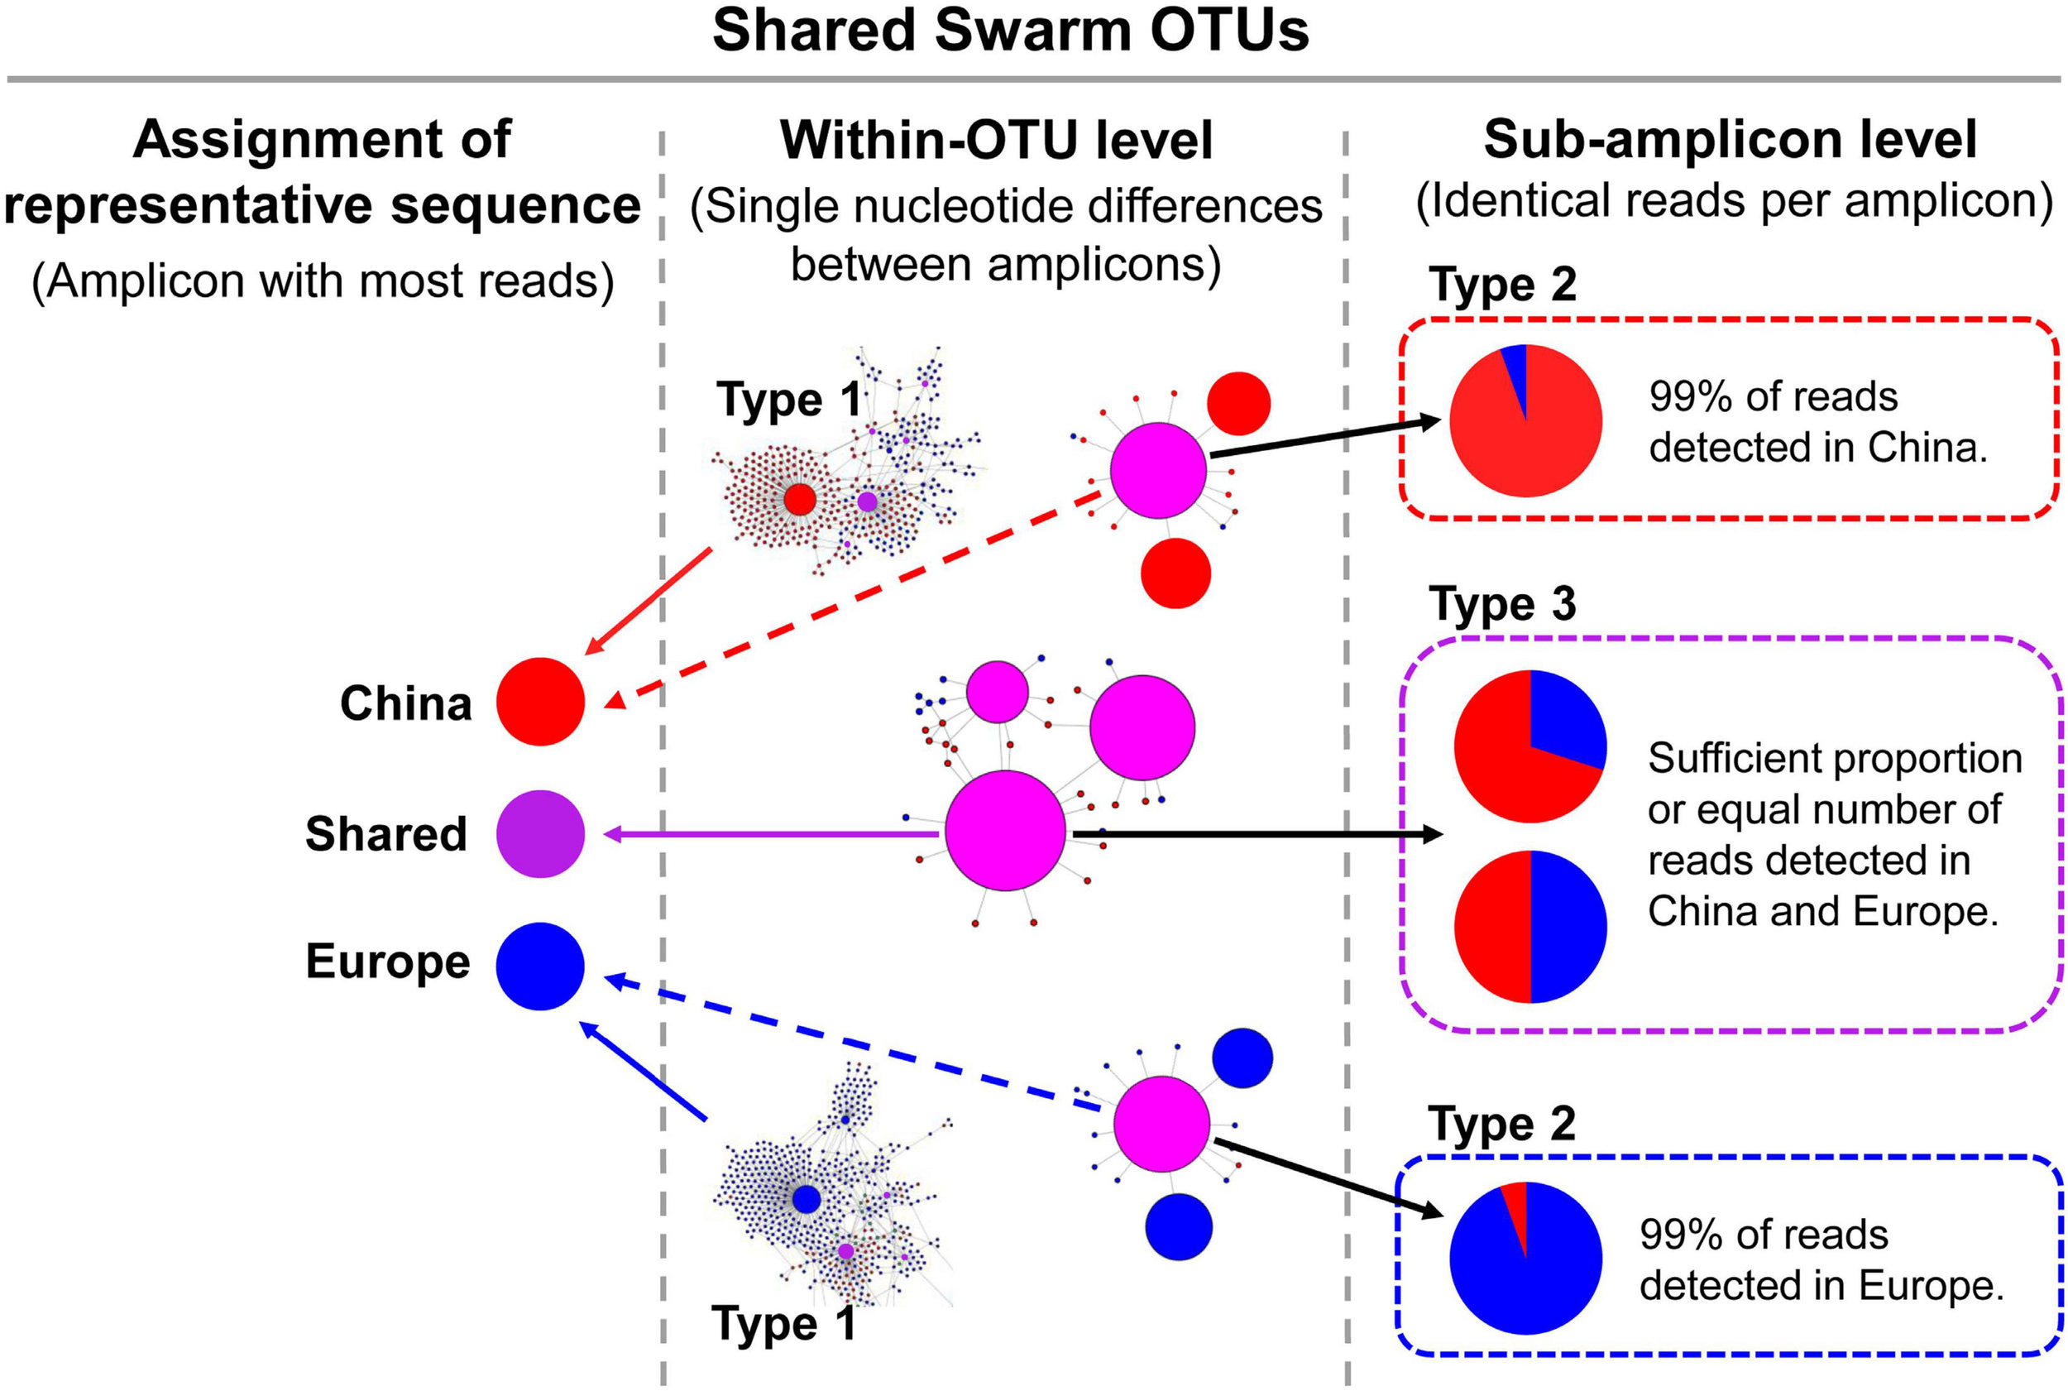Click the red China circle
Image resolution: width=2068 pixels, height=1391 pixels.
click(x=540, y=702)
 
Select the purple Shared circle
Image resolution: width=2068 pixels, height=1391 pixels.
click(x=540, y=834)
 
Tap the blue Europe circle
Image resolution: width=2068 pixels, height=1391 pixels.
click(x=540, y=966)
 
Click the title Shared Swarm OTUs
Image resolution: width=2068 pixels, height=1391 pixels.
click(x=1010, y=31)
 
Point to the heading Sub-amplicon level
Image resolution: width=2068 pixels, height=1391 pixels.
click(x=1729, y=140)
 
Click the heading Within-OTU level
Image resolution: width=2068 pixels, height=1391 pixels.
click(x=996, y=140)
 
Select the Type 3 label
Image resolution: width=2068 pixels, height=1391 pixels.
click(x=1502, y=604)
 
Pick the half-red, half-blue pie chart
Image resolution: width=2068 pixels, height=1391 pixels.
click(x=1529, y=926)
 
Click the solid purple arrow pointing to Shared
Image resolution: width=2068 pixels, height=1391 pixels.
click(x=772, y=834)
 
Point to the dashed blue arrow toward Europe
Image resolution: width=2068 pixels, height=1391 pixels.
click(x=851, y=1043)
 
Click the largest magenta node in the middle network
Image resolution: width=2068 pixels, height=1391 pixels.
click(x=1005, y=830)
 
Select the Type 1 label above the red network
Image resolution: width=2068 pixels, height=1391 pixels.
click(x=787, y=401)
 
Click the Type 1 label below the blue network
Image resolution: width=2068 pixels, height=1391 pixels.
click(x=783, y=1325)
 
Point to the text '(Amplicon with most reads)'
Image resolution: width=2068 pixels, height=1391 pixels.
click(x=323, y=282)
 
